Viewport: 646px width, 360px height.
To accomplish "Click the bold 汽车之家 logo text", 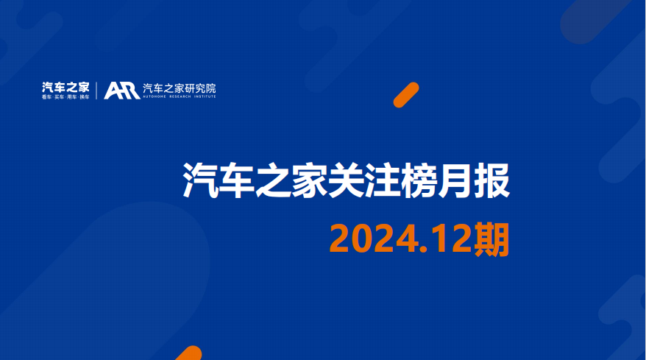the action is coord(65,87).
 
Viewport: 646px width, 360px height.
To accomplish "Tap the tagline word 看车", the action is coord(46,97).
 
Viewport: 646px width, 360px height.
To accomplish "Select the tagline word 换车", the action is coord(85,97).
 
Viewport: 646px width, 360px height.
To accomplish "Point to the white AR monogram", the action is coord(121,91).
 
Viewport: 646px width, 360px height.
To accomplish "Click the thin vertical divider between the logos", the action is coord(96,91).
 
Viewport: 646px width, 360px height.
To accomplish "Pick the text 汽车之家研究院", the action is coord(180,88).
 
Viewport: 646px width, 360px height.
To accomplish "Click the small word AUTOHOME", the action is coord(155,96).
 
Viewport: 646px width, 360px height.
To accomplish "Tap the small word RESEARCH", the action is coord(180,96).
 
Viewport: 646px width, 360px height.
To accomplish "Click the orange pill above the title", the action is coord(406,95).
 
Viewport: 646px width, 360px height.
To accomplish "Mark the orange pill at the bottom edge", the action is coord(190,353).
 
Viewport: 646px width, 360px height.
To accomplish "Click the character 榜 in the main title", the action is coord(419,180).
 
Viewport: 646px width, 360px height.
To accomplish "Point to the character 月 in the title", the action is coord(455,180).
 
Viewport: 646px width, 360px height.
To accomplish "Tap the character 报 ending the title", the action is coord(492,180).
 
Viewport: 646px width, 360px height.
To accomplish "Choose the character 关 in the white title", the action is coord(346,180).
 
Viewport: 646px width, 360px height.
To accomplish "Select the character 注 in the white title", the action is coord(383,180).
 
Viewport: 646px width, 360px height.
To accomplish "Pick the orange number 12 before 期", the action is coord(452,239).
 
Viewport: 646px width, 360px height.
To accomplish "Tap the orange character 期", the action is coord(491,239).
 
